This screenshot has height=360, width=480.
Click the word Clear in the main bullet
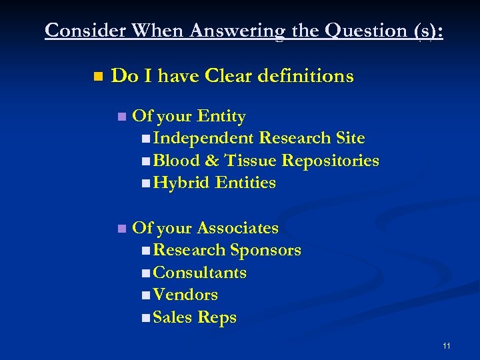tap(235, 76)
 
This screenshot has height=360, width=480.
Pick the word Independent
tap(203, 139)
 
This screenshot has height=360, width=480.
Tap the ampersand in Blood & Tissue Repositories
tap(212, 161)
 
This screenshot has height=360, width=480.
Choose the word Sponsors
tap(265, 251)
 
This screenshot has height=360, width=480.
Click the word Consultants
tap(199, 273)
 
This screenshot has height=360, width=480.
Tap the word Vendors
tap(185, 295)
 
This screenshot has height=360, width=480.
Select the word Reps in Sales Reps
tap(217, 317)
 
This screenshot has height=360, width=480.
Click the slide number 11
tap(446, 346)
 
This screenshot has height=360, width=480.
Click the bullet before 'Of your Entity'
tap(121, 117)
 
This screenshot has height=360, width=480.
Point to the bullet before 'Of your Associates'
tap(121, 229)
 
